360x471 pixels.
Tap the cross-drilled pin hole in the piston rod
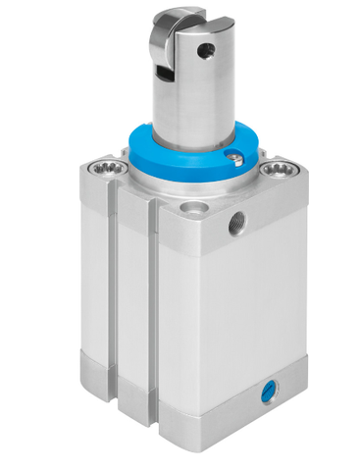click(x=206, y=46)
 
